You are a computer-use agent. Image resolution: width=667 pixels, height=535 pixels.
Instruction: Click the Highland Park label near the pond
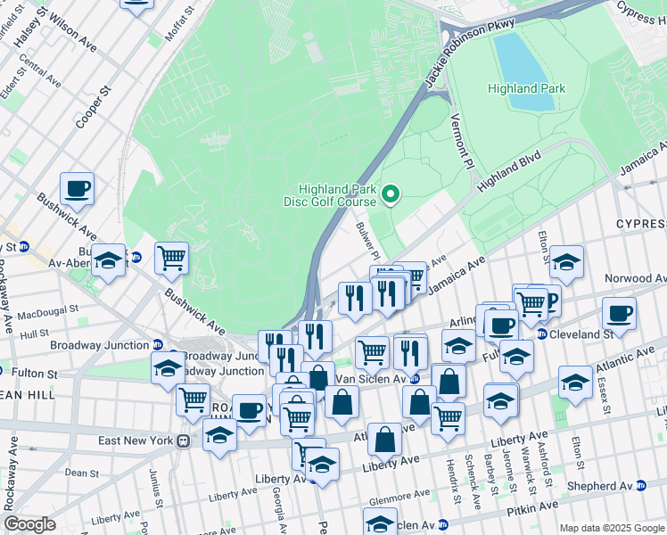click(x=525, y=88)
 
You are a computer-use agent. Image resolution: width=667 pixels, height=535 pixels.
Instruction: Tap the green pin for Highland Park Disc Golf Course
click(x=390, y=193)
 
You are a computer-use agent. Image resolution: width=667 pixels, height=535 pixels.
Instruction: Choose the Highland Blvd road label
click(x=509, y=170)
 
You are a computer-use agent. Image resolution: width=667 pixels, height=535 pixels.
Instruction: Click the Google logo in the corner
click(x=30, y=524)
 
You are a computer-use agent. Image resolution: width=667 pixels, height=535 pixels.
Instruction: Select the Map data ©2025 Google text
click(x=612, y=528)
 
